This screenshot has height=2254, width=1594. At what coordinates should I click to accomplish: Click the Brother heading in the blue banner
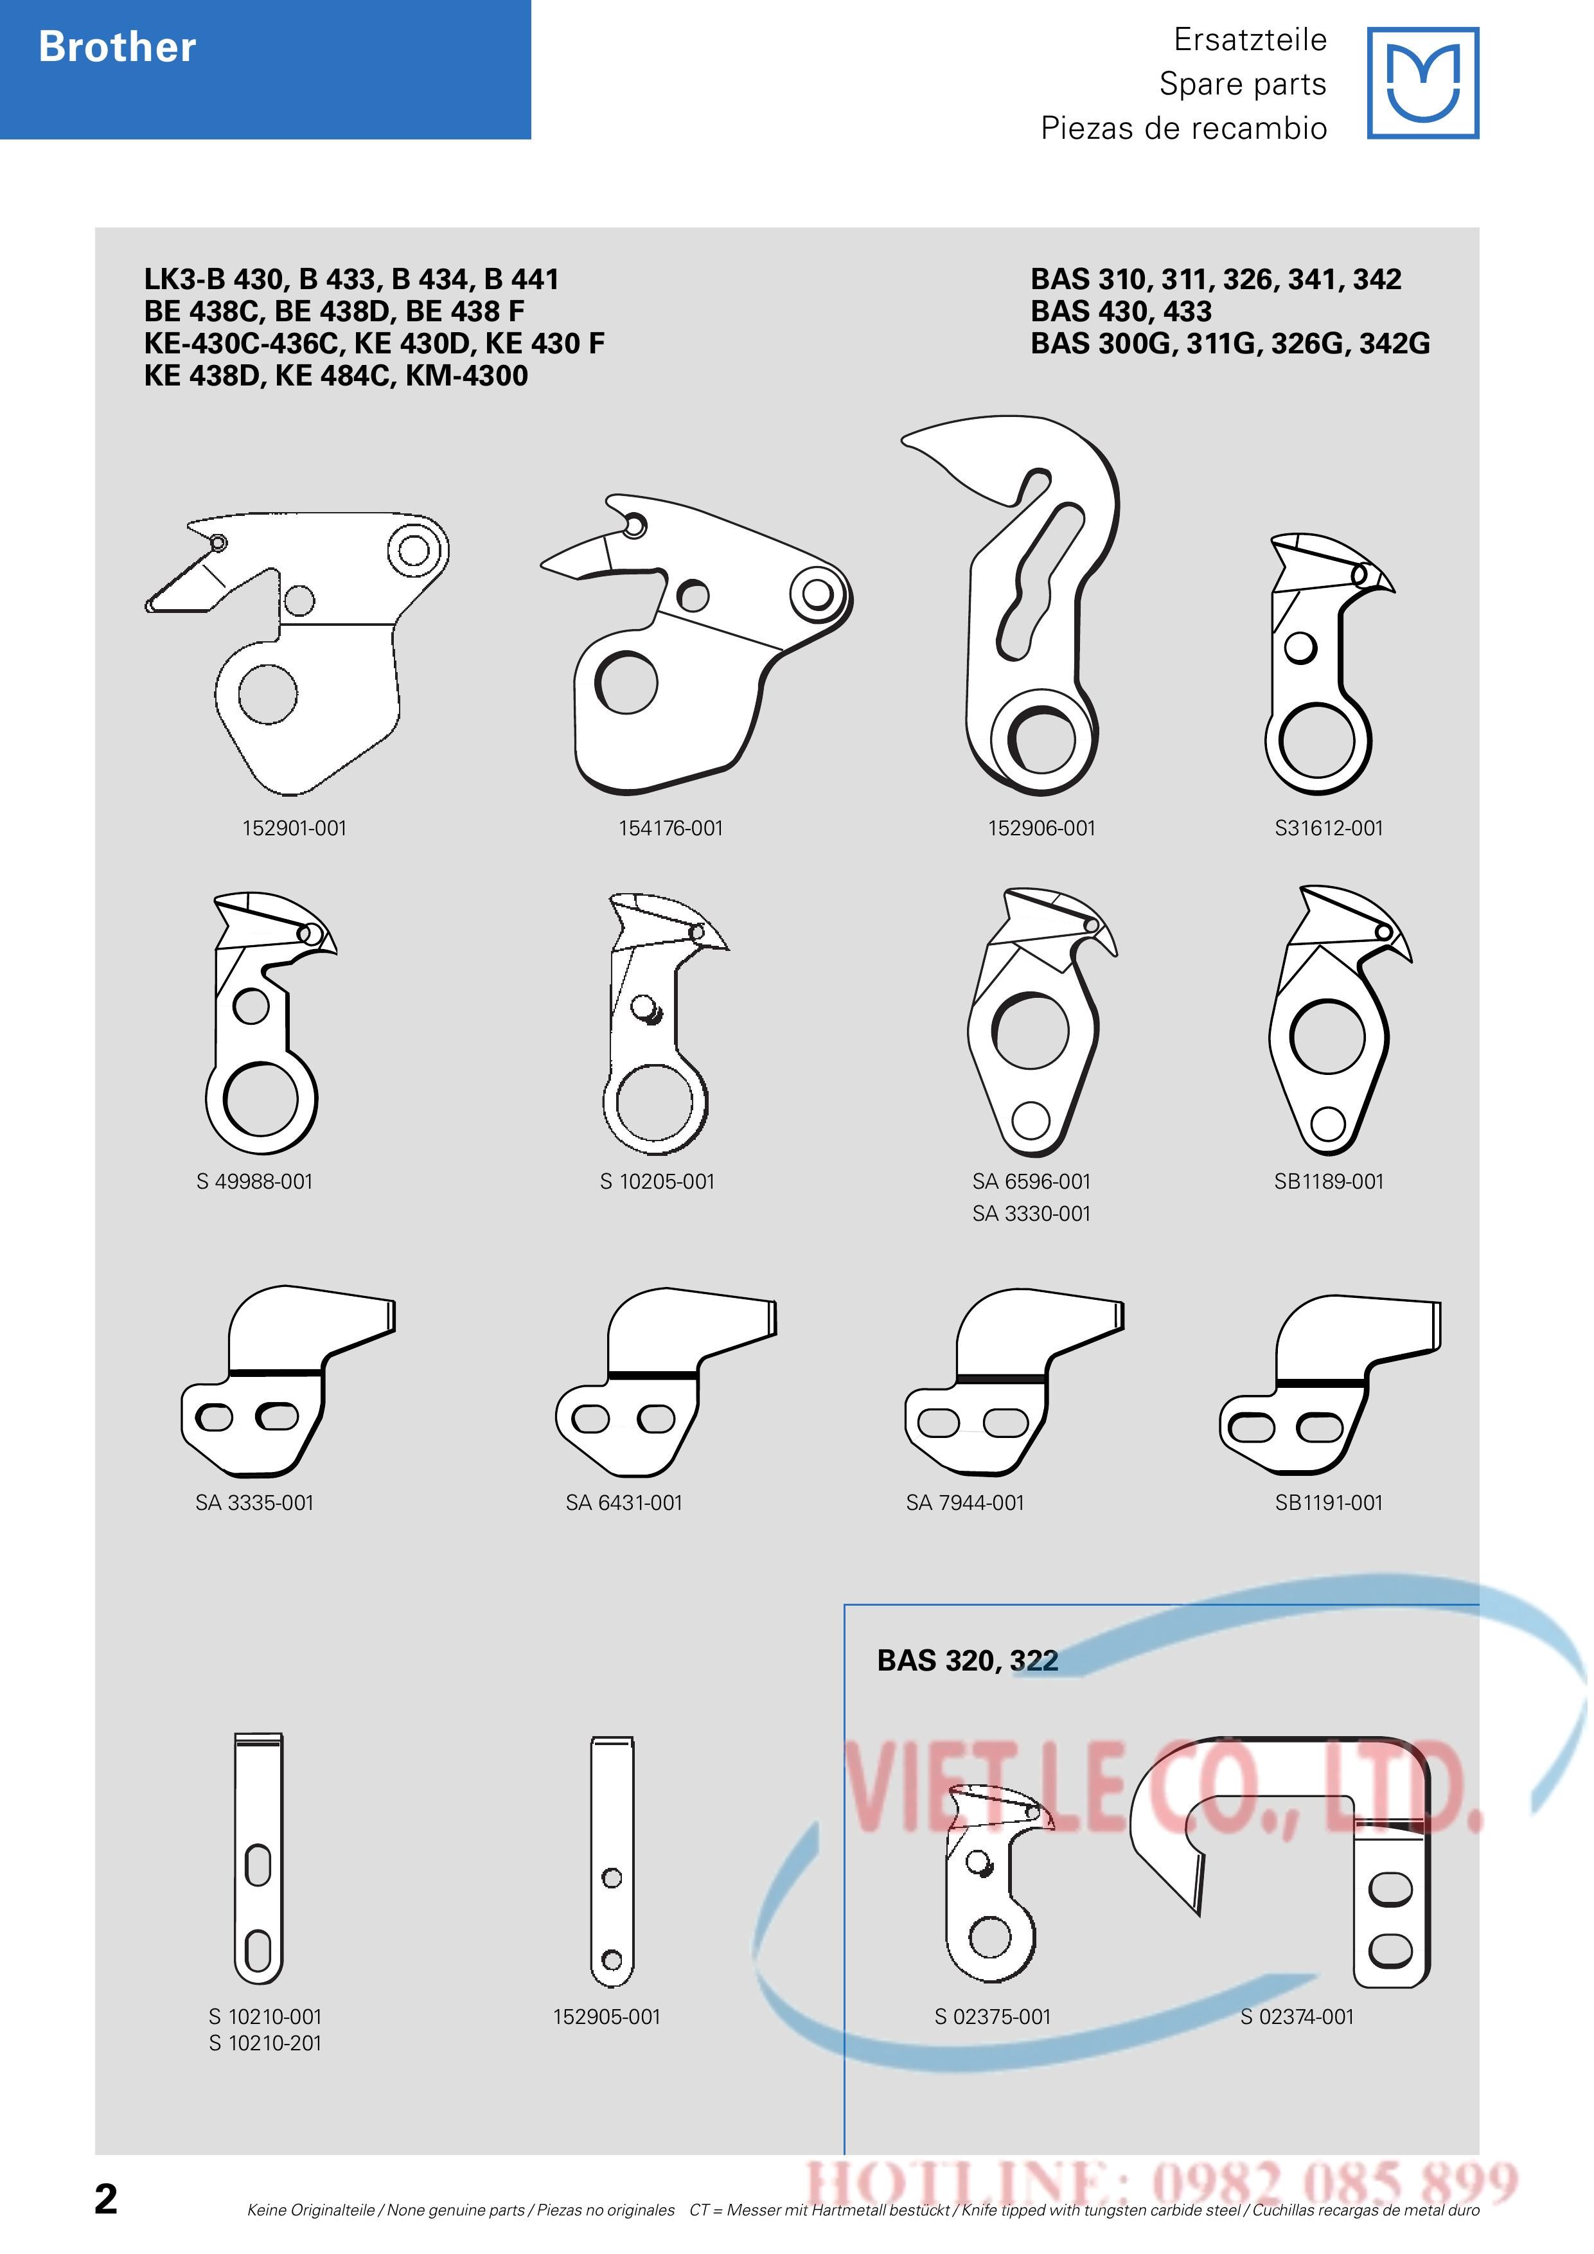click(117, 47)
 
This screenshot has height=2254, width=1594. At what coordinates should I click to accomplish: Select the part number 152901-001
click(294, 829)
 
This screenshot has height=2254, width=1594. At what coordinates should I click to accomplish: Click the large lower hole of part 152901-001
click(267, 693)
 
